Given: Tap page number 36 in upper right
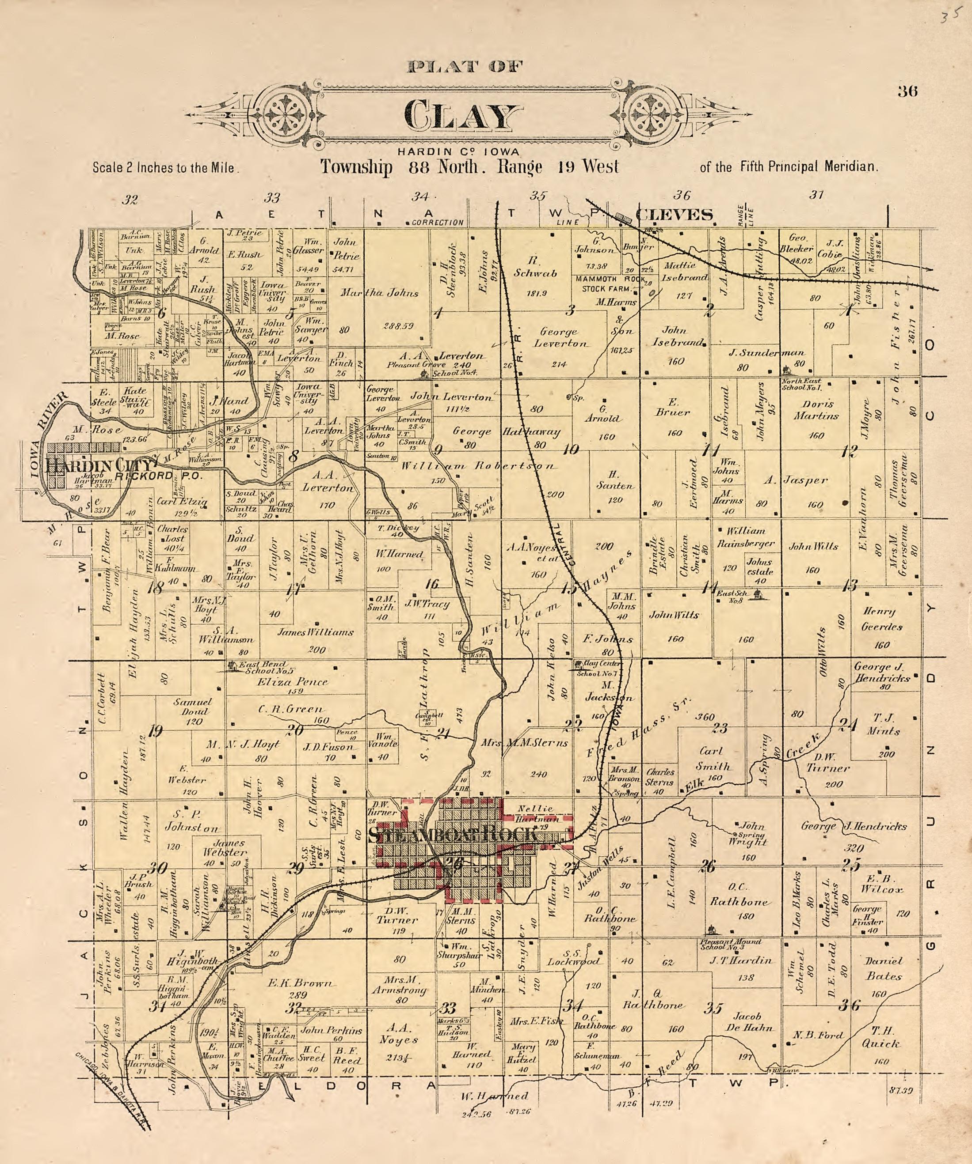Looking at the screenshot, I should coord(907,91).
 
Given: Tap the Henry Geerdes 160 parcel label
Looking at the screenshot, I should coord(881,619).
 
